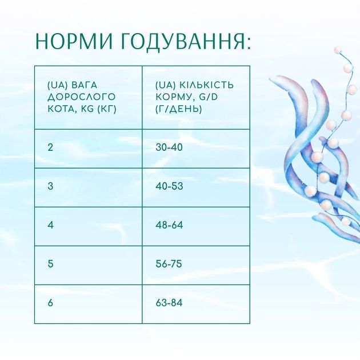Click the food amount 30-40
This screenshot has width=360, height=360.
click(169, 147)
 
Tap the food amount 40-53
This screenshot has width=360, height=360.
click(169, 186)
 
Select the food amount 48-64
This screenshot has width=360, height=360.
click(169, 225)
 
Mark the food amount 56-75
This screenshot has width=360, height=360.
click(169, 264)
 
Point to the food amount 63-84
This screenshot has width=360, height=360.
click(169, 303)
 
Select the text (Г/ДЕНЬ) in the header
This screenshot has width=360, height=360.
click(178, 109)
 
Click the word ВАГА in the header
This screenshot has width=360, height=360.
click(81, 85)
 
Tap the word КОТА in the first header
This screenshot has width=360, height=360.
click(60, 109)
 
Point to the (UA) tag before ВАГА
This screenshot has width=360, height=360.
click(57, 85)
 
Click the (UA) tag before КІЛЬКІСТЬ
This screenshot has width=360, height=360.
click(165, 85)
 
